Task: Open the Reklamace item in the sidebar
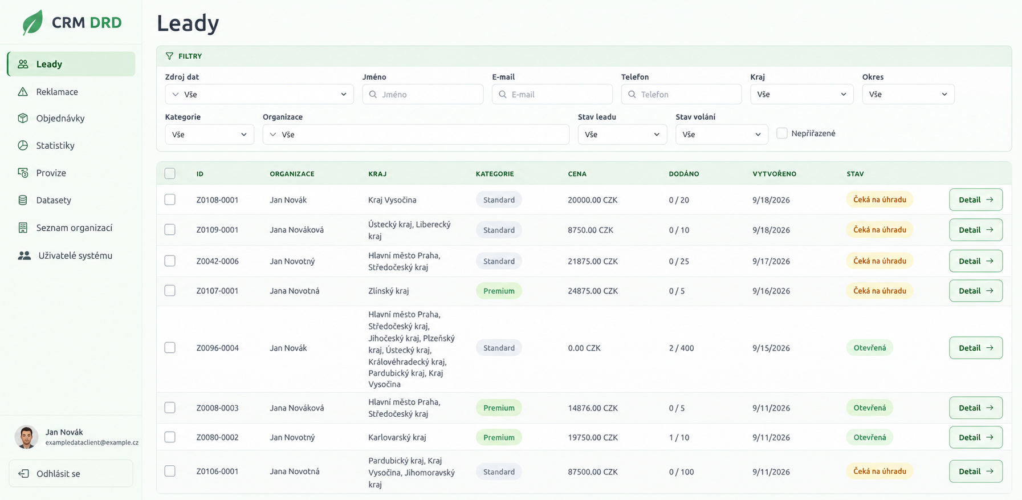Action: click(57, 92)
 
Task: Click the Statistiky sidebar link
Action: click(55, 145)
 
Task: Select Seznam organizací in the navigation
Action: click(74, 228)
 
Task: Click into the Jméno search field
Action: click(423, 94)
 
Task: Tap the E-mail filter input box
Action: click(552, 94)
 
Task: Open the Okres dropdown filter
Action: click(908, 94)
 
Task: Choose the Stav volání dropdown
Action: click(722, 135)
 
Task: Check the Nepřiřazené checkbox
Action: click(782, 133)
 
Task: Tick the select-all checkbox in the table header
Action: click(170, 173)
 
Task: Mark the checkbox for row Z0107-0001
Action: click(170, 291)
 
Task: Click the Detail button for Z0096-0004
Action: click(976, 348)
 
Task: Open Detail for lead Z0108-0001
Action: click(976, 200)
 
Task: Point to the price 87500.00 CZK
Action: click(593, 471)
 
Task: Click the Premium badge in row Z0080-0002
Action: click(499, 437)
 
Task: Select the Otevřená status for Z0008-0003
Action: click(870, 408)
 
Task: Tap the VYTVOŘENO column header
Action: click(774, 174)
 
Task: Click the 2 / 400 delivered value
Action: click(681, 348)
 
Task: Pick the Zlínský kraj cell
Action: click(389, 291)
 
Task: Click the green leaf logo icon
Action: click(32, 22)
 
